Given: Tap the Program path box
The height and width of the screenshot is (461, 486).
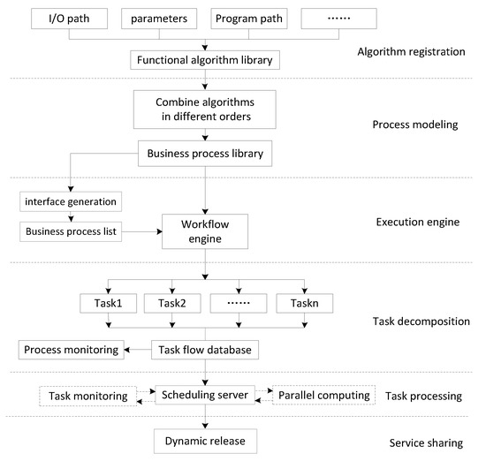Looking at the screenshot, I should pyautogui.click(x=250, y=19).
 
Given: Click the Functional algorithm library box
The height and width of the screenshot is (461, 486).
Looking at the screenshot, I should pyautogui.click(x=207, y=61).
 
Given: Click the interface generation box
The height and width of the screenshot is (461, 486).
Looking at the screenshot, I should pyautogui.click(x=70, y=202).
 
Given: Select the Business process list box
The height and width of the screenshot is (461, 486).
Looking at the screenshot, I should pyautogui.click(x=70, y=233).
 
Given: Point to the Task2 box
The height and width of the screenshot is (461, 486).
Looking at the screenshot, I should pyautogui.click(x=171, y=304).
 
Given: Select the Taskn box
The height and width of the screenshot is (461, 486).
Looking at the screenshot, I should pyautogui.click(x=304, y=304).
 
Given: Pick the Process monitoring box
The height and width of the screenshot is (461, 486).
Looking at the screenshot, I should pyautogui.click(x=70, y=351).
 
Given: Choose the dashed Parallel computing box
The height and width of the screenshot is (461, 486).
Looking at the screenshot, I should pyautogui.click(x=325, y=395).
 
